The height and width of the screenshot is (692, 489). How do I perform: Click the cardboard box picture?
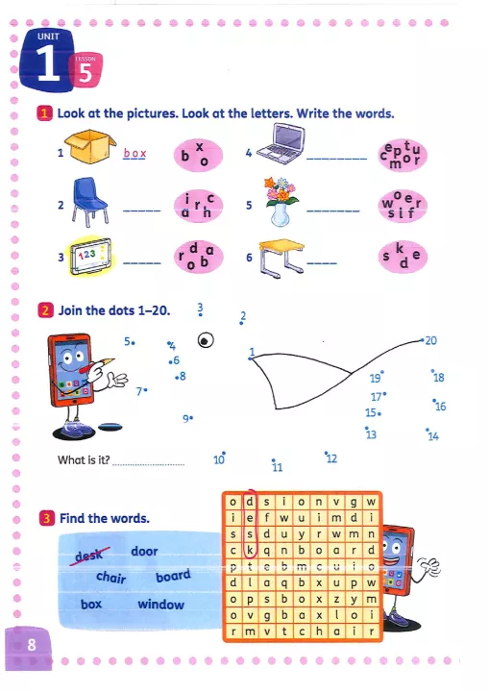coord(90,146)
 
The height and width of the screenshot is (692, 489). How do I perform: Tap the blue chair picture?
coord(89,202)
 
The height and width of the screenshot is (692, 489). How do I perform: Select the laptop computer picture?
coord(281,144)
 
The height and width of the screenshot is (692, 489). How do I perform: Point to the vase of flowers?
coord(281,202)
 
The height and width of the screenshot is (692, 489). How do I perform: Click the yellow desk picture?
coord(281,259)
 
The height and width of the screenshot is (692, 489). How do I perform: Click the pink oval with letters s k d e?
coord(403,256)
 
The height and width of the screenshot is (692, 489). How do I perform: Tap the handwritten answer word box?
coord(134,153)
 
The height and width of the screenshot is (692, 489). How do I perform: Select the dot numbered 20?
coord(422,340)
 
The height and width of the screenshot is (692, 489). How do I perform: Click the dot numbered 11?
coord(273,459)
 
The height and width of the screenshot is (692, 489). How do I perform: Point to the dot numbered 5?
coord(134,342)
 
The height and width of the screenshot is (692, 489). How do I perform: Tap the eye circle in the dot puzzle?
coord(206,340)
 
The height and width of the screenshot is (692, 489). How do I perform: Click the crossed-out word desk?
coord(89,555)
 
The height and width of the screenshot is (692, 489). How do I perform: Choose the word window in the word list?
coord(160,605)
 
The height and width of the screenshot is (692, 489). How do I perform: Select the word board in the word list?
coord(173,576)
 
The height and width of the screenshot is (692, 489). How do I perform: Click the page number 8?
coord(32,645)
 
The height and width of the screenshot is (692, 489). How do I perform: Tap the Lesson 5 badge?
coord(86,70)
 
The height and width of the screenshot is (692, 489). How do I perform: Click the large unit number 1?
coord(48,63)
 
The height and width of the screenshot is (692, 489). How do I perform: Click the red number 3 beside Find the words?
coord(47,518)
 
